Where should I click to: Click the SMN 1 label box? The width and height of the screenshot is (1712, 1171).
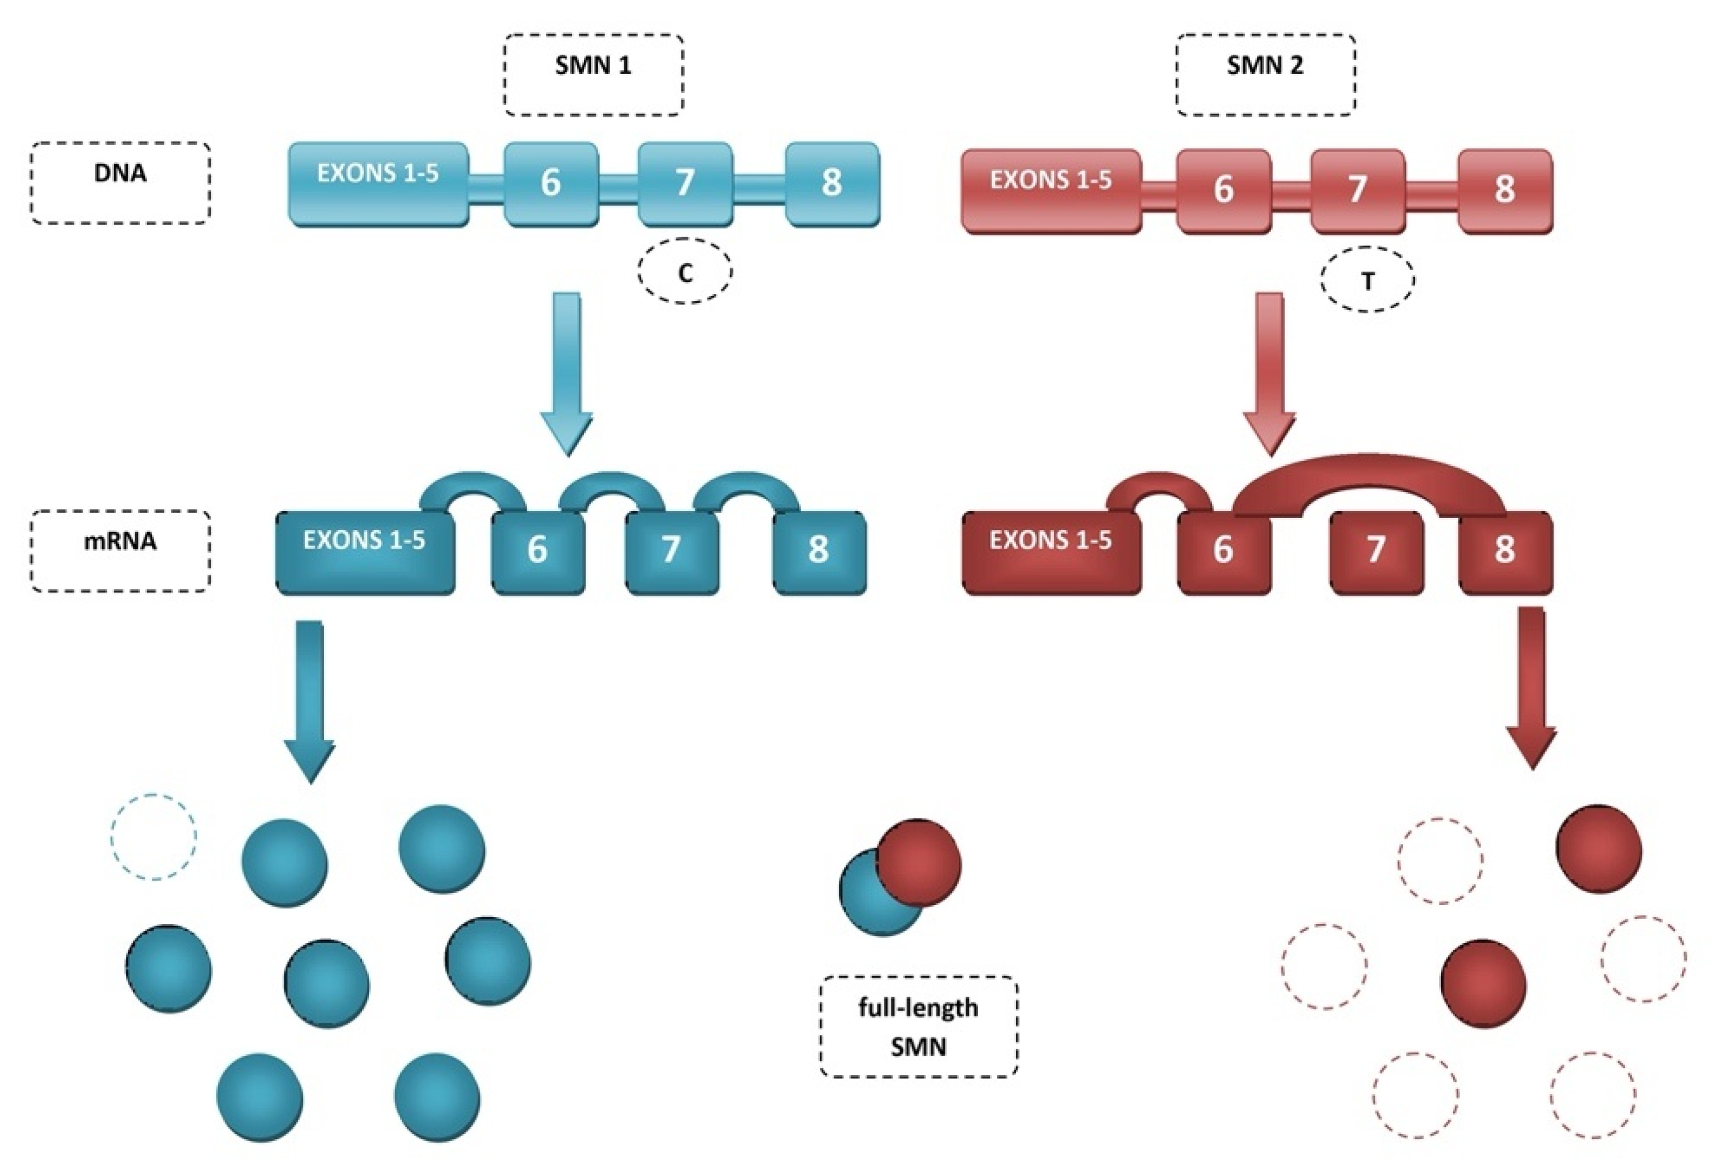(594, 74)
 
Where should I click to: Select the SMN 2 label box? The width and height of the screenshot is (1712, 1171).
(1265, 74)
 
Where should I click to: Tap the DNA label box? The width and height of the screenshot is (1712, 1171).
(120, 183)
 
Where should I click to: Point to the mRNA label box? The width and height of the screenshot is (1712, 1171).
(120, 550)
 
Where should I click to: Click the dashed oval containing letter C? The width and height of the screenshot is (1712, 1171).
(685, 270)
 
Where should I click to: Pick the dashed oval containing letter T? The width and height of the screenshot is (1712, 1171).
(1367, 279)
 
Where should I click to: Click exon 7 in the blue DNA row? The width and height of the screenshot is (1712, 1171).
(685, 183)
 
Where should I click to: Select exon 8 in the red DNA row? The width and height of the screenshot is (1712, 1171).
(1505, 191)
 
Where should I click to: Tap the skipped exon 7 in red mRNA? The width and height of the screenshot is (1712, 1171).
(1376, 551)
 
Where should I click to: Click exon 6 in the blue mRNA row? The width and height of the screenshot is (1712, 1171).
(538, 551)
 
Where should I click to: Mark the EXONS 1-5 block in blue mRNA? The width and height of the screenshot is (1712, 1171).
(365, 551)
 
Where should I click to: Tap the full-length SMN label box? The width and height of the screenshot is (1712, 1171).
(919, 1027)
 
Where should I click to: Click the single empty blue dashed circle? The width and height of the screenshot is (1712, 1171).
(154, 836)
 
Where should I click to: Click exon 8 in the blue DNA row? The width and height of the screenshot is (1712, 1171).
(832, 183)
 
